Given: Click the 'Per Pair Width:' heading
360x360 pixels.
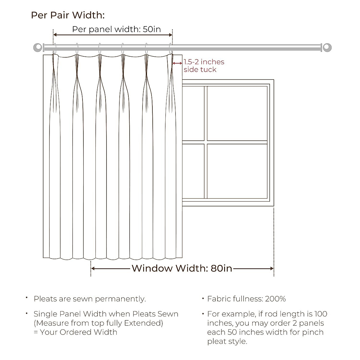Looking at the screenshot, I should tap(68, 15).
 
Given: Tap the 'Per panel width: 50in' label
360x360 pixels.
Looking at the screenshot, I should tap(116, 29).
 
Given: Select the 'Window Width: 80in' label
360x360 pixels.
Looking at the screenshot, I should tap(182, 268).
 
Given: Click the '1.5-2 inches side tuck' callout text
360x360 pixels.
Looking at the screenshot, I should tap(204, 66).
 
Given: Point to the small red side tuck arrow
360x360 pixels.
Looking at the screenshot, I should tap(177, 63).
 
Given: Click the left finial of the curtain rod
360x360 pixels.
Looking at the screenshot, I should tap(38, 47).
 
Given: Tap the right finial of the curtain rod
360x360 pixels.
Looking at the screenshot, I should tap(327, 47).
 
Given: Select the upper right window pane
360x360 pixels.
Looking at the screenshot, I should tap(237, 113).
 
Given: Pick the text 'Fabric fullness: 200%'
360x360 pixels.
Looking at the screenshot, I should tap(246, 299).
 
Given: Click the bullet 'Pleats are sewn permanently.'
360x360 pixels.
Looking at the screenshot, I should tap(90, 299).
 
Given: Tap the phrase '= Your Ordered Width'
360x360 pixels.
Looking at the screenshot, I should tap(75, 332).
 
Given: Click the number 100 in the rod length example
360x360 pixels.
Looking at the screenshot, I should tap(320, 314).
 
